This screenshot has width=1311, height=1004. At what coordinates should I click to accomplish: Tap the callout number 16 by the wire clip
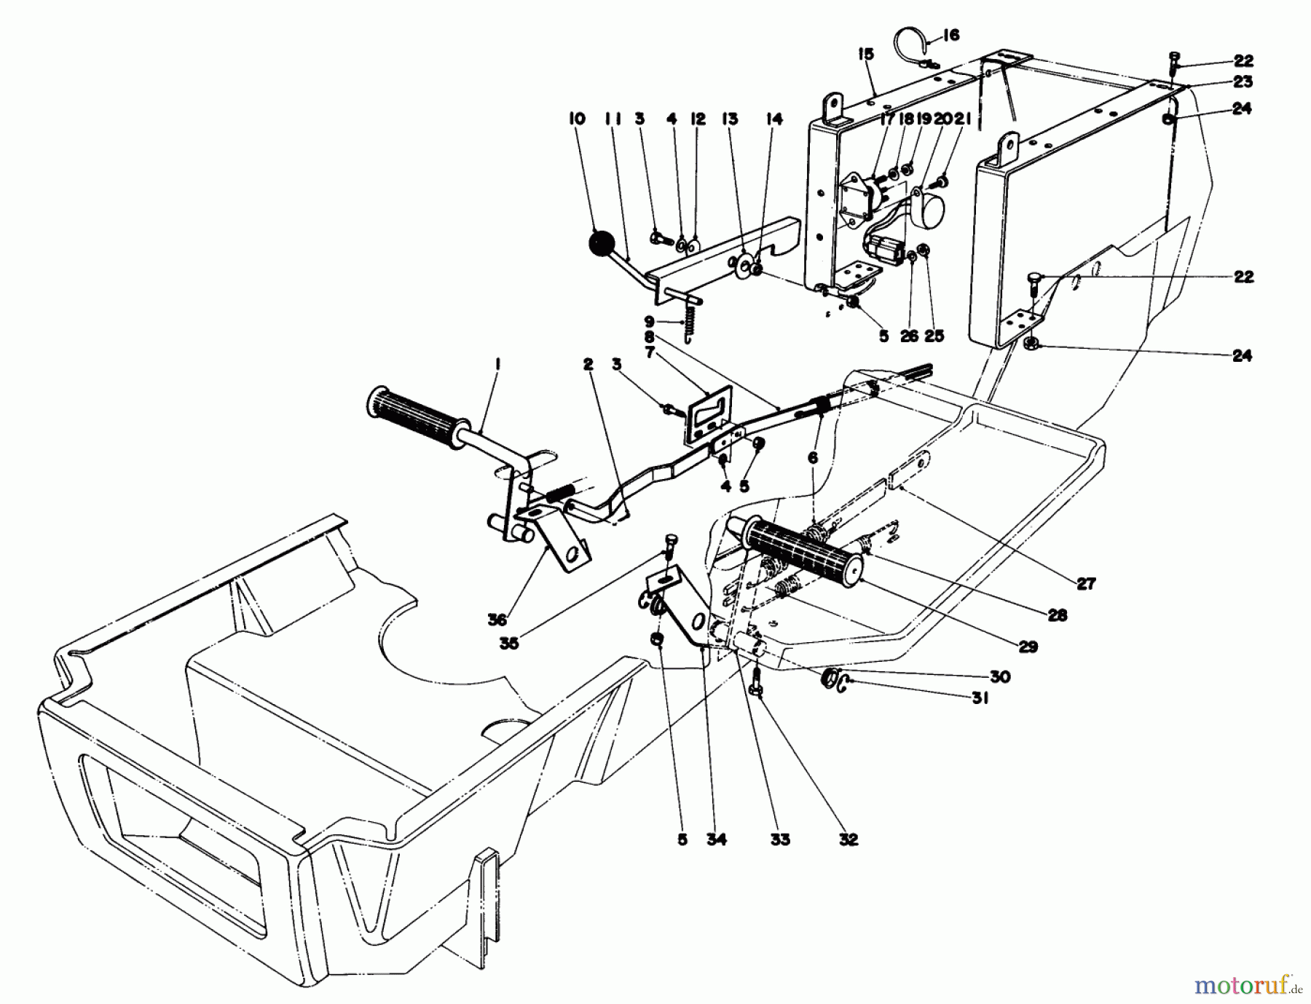(950, 35)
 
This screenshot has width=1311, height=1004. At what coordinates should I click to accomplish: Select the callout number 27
(1085, 583)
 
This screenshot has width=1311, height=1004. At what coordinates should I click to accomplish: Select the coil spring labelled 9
(689, 321)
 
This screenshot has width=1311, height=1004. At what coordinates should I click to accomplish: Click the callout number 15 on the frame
(865, 55)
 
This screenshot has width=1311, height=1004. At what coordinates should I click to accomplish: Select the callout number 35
(509, 644)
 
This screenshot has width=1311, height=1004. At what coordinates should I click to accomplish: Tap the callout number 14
(774, 119)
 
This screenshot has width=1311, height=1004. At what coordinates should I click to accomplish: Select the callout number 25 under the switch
(934, 336)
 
